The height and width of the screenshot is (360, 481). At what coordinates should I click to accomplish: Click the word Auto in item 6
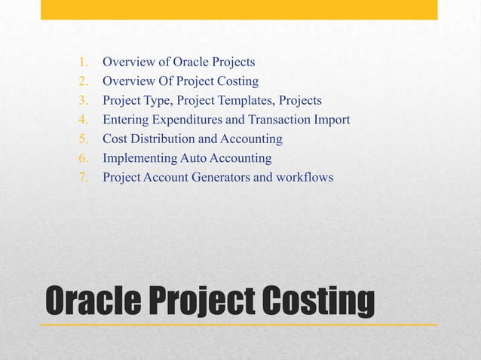192,158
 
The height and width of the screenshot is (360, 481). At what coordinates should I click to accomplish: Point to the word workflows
305,178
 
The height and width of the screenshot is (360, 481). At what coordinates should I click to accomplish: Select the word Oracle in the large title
90,301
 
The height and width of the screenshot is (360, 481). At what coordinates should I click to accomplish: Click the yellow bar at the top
239,9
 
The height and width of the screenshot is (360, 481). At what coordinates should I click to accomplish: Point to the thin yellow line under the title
239,324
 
